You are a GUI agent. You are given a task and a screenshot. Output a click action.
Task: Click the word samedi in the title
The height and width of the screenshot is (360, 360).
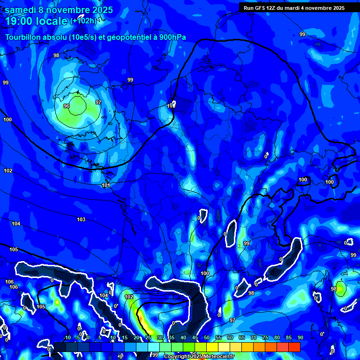(x=21, y=10)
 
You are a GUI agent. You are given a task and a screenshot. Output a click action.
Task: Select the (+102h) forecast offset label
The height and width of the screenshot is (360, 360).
(x=83, y=21)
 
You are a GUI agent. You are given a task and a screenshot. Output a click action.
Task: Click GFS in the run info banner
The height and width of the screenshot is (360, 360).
(x=261, y=7)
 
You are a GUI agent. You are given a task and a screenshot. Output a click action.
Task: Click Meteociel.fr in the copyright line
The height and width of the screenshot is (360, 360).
(x=217, y=357)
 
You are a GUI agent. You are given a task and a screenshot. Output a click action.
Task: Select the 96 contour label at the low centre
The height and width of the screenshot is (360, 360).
(x=67, y=106)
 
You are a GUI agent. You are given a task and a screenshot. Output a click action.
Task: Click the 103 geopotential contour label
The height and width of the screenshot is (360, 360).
(x=81, y=219)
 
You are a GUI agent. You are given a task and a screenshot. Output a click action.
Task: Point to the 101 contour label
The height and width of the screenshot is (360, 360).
(x=106, y=185)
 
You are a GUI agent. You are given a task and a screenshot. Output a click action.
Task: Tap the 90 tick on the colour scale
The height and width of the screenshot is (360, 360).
(x=300, y=337)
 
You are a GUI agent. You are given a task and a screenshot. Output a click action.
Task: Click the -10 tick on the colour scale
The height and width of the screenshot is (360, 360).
(x=67, y=337)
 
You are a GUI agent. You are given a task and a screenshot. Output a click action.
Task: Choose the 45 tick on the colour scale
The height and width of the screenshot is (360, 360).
(x=195, y=337)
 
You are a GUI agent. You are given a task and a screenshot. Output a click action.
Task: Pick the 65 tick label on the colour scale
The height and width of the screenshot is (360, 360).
(x=242, y=337)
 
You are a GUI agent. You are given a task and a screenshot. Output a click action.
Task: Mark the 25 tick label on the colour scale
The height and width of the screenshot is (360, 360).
(x=148, y=337)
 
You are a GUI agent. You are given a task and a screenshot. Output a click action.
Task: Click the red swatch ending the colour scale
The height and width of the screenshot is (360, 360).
(x=294, y=347)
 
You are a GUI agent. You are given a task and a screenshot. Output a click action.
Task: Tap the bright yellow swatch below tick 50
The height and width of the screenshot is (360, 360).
(x=212, y=347)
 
